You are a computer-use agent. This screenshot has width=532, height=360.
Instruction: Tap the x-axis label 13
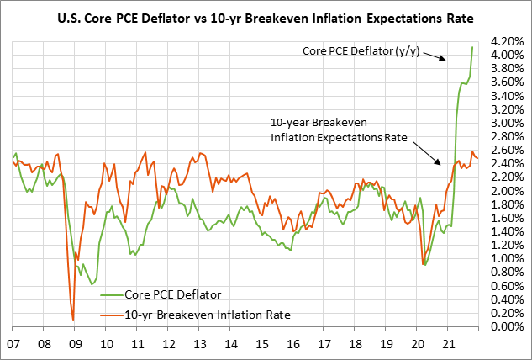pos(201,344)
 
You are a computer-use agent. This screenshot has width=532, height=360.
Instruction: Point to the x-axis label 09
pos(76,344)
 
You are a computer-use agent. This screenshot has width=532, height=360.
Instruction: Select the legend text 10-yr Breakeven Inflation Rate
pos(207,314)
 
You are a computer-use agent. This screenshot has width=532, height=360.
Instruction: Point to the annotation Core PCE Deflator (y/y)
pos(361,50)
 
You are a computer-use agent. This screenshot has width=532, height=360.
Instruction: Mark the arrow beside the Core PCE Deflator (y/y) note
pos(434,56)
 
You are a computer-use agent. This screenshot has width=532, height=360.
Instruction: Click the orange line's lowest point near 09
pos(73,320)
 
